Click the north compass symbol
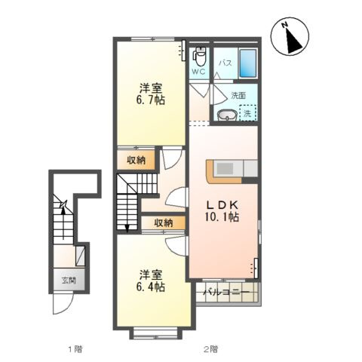pyautogui.click(x=290, y=36)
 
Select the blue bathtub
pyautogui.click(x=248, y=63)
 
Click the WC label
pyautogui.click(x=198, y=72)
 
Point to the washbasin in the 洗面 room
pyautogui.click(x=227, y=115)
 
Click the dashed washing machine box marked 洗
pyautogui.click(x=248, y=113)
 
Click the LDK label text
pyautogui.click(x=222, y=205)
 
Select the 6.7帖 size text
pyautogui.click(x=151, y=100)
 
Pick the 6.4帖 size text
pyautogui.click(x=151, y=287)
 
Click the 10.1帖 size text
pyautogui.click(x=222, y=217)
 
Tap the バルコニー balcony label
pyautogui.click(x=226, y=293)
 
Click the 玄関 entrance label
pyautogui.click(x=69, y=280)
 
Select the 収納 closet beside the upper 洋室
pyautogui.click(x=136, y=160)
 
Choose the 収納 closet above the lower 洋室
pyautogui.click(x=164, y=222)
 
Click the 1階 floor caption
pyautogui.click(x=75, y=349)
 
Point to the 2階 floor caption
pyautogui.click(x=210, y=349)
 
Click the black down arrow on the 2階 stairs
pyautogui.click(x=127, y=228)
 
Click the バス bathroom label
pyautogui.click(x=225, y=63)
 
